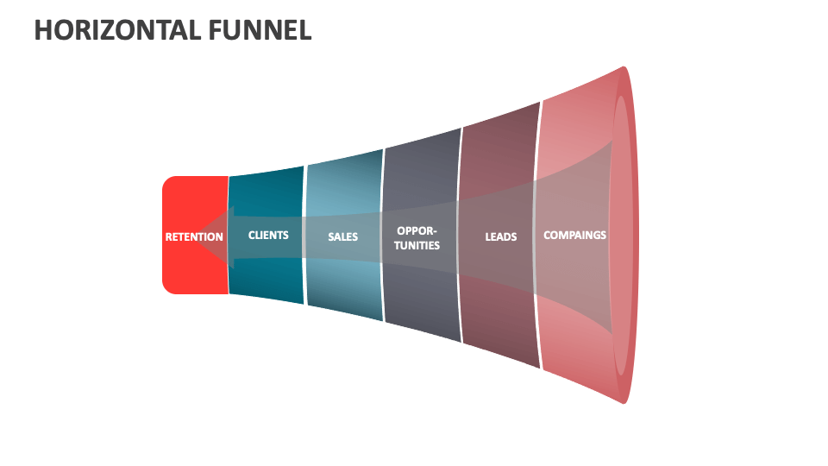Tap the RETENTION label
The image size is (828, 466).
[194, 236]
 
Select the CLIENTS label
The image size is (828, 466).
[268, 235]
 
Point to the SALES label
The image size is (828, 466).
[342, 236]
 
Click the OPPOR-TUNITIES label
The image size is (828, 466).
[417, 238]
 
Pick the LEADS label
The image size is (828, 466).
[500, 236]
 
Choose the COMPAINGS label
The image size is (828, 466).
[574, 235]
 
